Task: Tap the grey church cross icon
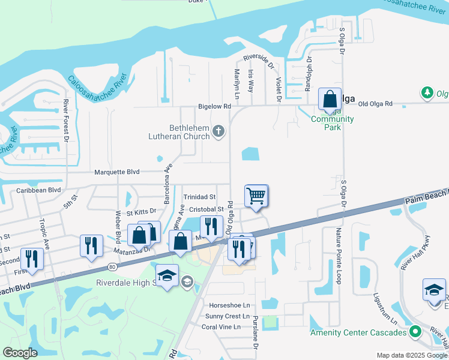218,131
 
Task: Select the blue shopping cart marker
256,196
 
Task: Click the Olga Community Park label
332,123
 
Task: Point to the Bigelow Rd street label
214,107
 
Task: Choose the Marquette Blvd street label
117,172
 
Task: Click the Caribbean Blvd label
39,190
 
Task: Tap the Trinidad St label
199,197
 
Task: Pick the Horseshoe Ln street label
229,305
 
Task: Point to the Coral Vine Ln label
221,327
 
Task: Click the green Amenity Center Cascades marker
414,332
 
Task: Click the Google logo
20,353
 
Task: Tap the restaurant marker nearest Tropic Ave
31,259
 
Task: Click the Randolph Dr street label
309,74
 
